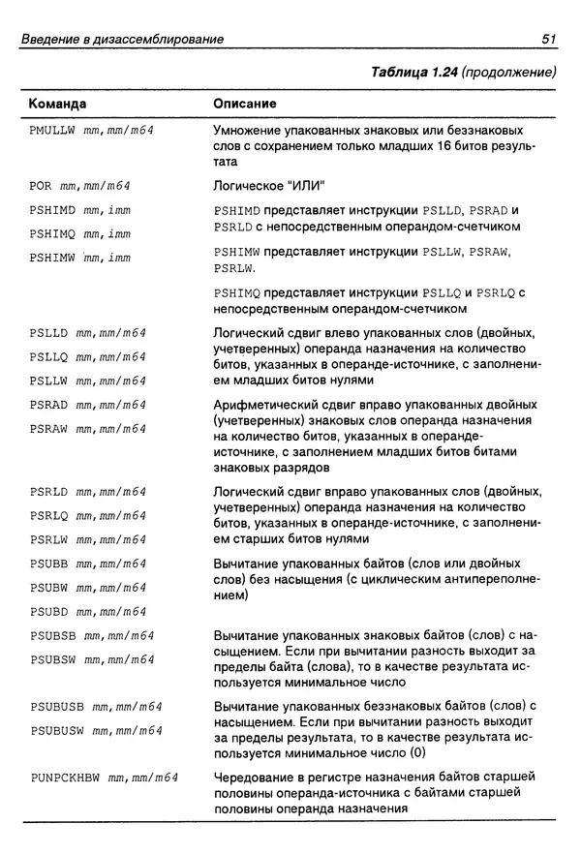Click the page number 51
pyautogui.click(x=549, y=39)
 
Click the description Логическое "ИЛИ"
pyautogui.click(x=268, y=185)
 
